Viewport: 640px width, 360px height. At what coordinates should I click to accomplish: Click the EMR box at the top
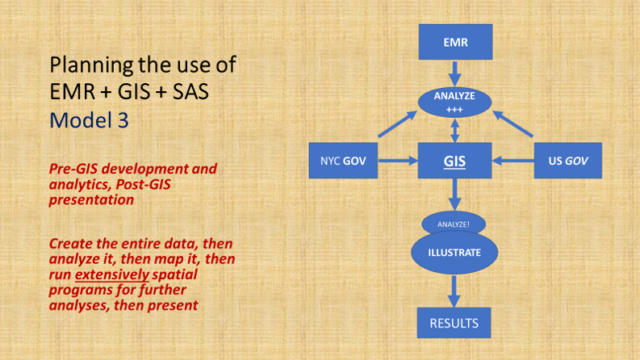tap(454, 42)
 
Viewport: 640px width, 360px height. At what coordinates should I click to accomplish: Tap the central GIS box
tap(454, 161)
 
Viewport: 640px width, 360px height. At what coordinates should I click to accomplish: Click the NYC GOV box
tap(343, 161)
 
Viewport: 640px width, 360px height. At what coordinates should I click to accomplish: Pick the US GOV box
tap(568, 161)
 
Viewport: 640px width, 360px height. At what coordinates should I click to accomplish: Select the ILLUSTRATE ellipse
tap(454, 252)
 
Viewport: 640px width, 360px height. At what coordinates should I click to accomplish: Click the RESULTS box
tap(454, 324)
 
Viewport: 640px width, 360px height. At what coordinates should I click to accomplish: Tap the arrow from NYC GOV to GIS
tap(396, 161)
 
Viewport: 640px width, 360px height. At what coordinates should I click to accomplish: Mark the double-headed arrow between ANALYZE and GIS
tap(454, 128)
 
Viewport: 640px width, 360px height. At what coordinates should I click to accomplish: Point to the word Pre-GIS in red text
tap(73, 170)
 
